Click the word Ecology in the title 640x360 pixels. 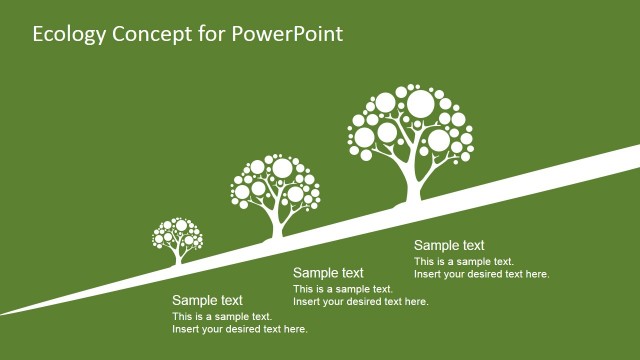pyautogui.click(x=67, y=34)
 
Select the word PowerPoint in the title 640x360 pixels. pyautogui.click(x=286, y=34)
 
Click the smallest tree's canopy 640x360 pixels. pyautogui.click(x=177, y=234)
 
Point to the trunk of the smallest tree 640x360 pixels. pyautogui.click(x=178, y=257)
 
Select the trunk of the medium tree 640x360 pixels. pyautogui.click(x=277, y=224)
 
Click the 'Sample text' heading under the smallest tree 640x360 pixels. pyautogui.click(x=207, y=300)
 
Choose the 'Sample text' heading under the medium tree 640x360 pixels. pyautogui.click(x=328, y=273)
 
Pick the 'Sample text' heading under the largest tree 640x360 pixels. pyautogui.click(x=449, y=246)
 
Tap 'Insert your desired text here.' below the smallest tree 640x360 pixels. pyautogui.click(x=240, y=329)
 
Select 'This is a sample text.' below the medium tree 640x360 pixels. pyautogui.click(x=342, y=289)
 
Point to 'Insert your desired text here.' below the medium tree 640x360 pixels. pyautogui.click(x=361, y=302)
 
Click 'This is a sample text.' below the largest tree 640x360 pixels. pyautogui.click(x=463, y=262)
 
